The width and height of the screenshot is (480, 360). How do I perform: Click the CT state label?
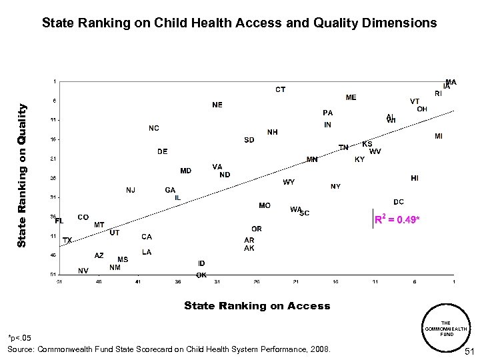coord(281,89)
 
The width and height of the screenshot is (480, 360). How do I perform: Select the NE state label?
coord(217,105)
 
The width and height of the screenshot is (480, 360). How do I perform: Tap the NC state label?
coord(154,128)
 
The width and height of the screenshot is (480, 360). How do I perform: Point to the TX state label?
coord(67,240)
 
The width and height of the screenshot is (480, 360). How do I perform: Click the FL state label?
coord(59,221)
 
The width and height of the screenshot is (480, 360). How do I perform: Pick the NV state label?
coord(83,271)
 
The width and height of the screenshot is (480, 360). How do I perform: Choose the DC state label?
coord(398,201)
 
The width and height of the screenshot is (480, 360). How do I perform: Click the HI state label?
coord(415,178)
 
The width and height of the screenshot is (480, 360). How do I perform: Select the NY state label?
coord(335,187)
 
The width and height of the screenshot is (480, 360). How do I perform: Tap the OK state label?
coord(201,275)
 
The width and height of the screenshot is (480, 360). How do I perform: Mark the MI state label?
coord(438,136)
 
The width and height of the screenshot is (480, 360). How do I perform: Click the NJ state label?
coord(131,190)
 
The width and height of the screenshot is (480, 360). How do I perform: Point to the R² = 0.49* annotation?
coord(397,219)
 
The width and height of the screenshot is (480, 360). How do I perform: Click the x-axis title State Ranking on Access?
coord(257,306)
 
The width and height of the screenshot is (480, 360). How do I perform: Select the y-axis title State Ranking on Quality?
coord(22,175)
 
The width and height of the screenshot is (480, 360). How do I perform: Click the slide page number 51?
coord(469,351)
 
